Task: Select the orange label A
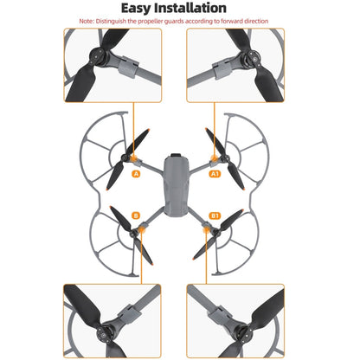(x=135, y=174)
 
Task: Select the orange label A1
(x=216, y=173)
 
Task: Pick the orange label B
(x=136, y=215)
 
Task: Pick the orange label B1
(x=215, y=215)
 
